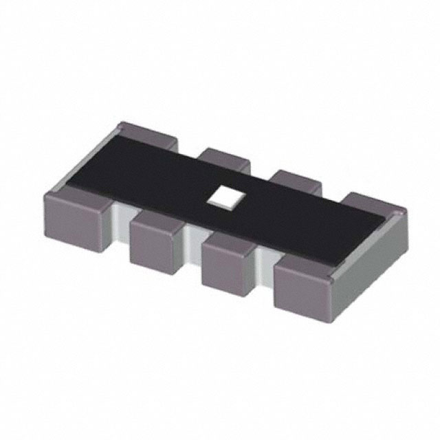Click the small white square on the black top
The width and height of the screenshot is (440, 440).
coord(223,197)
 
